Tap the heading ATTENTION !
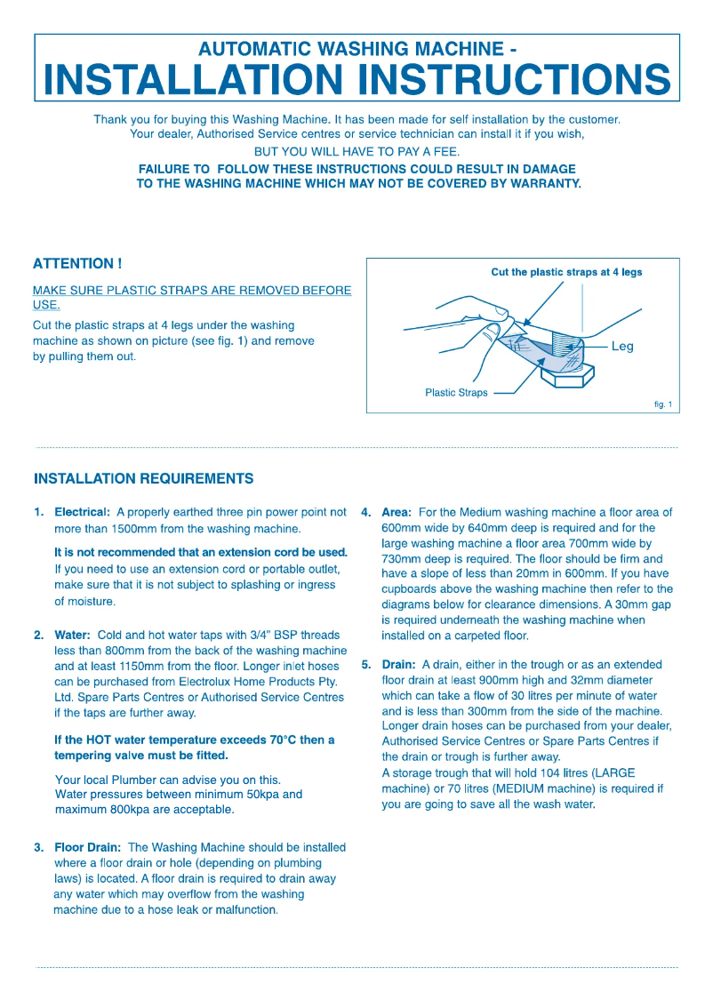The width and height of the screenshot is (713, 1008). point(76,264)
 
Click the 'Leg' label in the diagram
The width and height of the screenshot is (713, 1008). point(622,347)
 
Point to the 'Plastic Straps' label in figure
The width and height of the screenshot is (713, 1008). point(456,393)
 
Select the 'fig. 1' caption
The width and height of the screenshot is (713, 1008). point(663,404)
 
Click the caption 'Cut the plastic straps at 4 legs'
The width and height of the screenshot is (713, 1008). point(566,272)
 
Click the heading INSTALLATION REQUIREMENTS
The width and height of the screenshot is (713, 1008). point(143,479)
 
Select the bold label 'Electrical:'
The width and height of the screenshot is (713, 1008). point(83,513)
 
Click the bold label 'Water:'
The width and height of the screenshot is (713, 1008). point(73,636)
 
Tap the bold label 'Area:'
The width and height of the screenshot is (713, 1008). point(397,513)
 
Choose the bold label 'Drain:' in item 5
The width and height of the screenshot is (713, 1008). point(398,665)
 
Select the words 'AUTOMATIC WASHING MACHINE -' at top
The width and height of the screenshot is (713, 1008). point(356,49)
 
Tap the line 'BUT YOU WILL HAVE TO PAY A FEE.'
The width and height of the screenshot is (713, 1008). point(356,152)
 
